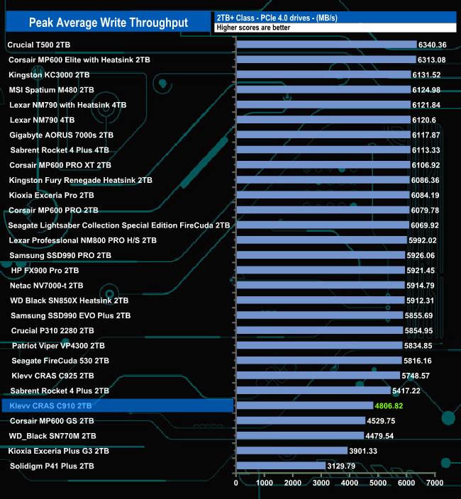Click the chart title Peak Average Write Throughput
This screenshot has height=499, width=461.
109,23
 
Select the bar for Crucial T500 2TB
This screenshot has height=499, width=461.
326,45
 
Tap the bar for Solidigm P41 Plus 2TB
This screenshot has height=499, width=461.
280,466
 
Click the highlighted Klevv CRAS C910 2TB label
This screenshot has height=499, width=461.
51,406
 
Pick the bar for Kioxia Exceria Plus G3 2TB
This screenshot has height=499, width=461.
291,451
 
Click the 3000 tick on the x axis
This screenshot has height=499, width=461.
321,483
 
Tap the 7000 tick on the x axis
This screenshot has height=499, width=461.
435,483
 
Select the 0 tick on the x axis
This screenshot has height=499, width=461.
236,483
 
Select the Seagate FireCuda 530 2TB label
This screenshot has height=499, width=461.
60,361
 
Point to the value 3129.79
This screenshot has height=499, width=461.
341,466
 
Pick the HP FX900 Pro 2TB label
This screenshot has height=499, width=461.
45,270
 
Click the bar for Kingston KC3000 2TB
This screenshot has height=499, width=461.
323,74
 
